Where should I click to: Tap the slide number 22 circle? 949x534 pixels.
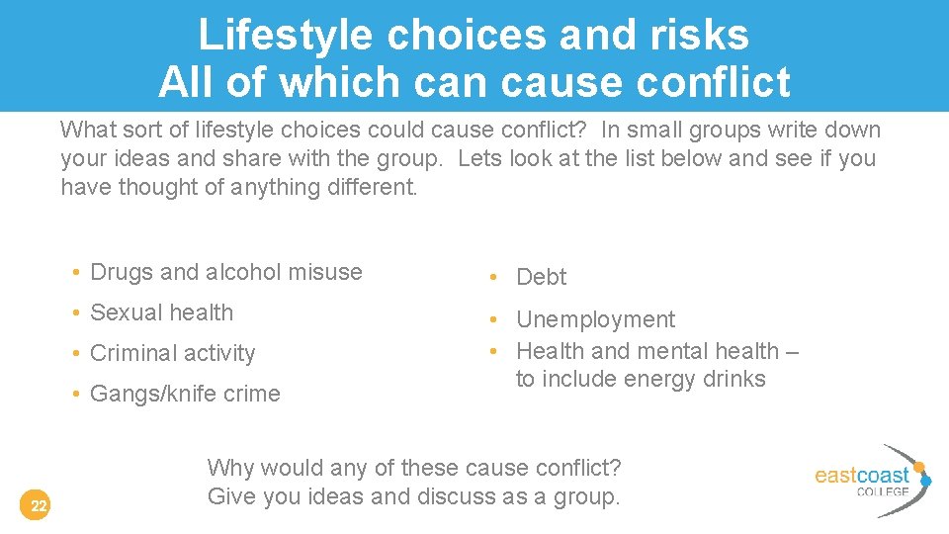click(x=38, y=507)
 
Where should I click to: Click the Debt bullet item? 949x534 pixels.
click(x=542, y=278)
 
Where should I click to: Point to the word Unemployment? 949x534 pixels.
click(x=595, y=319)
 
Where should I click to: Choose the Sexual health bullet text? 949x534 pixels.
click(x=161, y=312)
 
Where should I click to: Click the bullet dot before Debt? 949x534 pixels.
click(x=500, y=279)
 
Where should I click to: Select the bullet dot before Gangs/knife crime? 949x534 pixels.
click(x=75, y=395)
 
